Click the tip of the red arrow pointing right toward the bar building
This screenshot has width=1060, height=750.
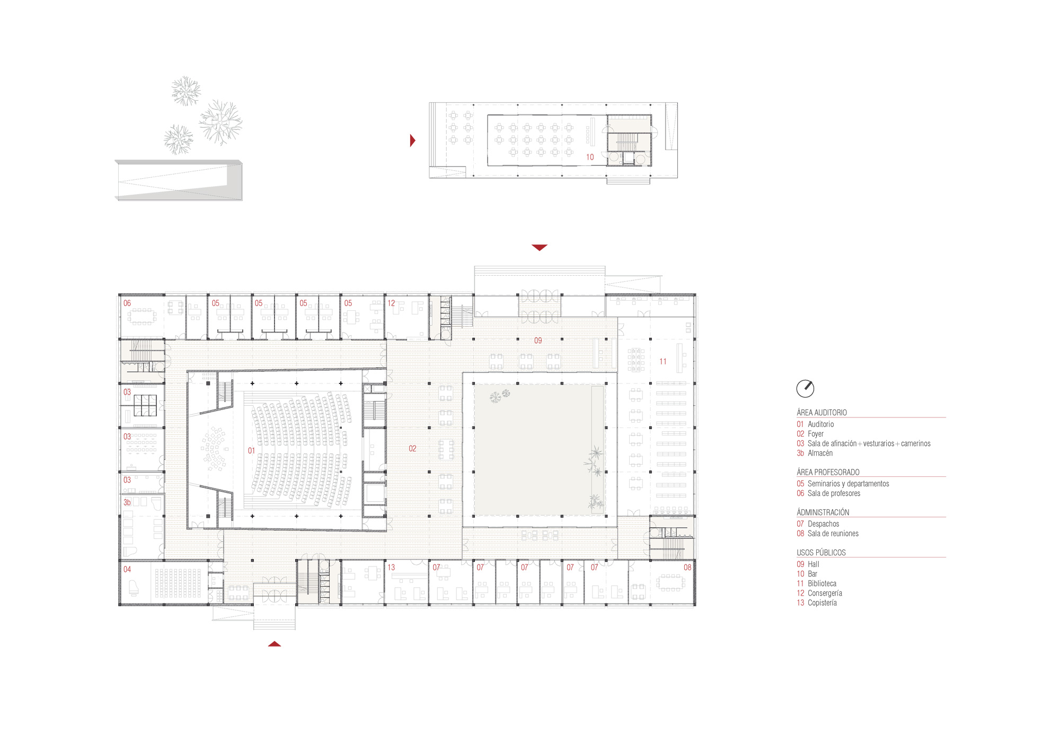pos(416,141)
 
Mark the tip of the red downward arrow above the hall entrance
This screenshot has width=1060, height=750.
pos(540,251)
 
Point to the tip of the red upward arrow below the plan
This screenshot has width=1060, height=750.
pos(275,641)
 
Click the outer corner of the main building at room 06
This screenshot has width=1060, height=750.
pos(119,294)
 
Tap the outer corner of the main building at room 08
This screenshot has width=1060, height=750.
pos(695,605)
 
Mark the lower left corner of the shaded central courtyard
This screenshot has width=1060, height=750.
pos(474,515)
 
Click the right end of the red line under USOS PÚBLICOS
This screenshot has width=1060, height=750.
pos(946,557)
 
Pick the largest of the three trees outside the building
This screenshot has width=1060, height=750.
pos(220,123)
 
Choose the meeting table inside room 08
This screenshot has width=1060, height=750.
pos(670,582)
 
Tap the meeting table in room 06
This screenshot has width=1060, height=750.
pos(142,317)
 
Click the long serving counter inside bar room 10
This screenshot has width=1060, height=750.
pos(593,132)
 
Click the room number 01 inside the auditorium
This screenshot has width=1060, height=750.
pos(251,451)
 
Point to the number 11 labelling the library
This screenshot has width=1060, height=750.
pos(663,362)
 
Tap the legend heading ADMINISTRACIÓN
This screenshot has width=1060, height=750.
pos(823,512)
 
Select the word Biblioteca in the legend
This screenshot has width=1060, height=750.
pos(822,583)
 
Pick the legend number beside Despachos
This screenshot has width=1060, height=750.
pos(800,524)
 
